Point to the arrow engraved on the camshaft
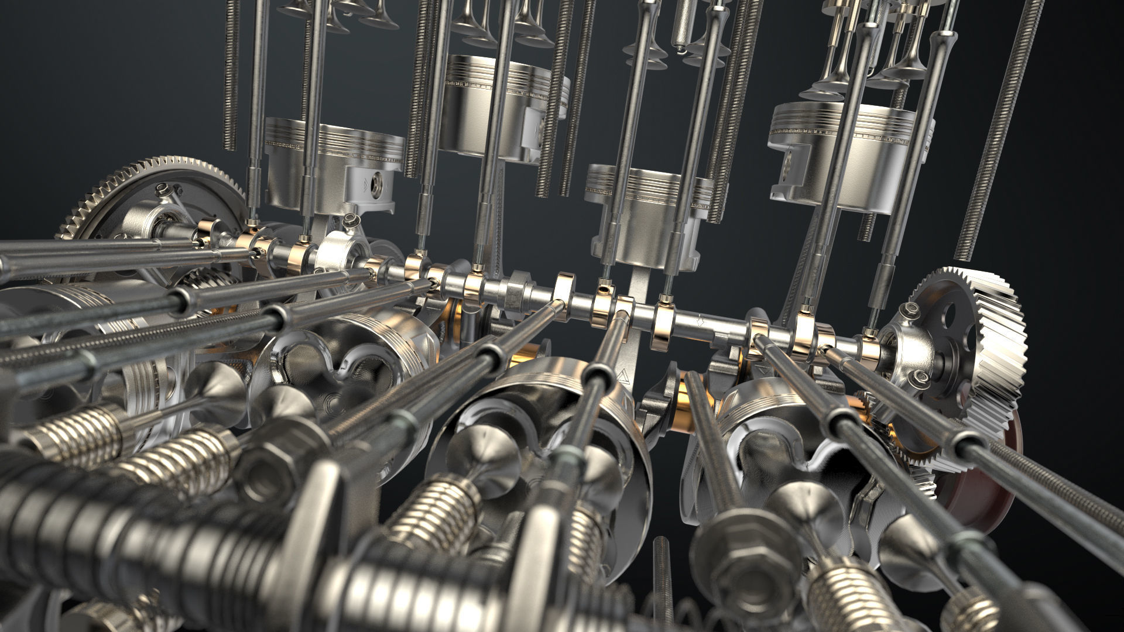[701, 321]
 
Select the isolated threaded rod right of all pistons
[995, 129]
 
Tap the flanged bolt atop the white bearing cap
[350, 221]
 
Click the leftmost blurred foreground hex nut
[266, 456]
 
